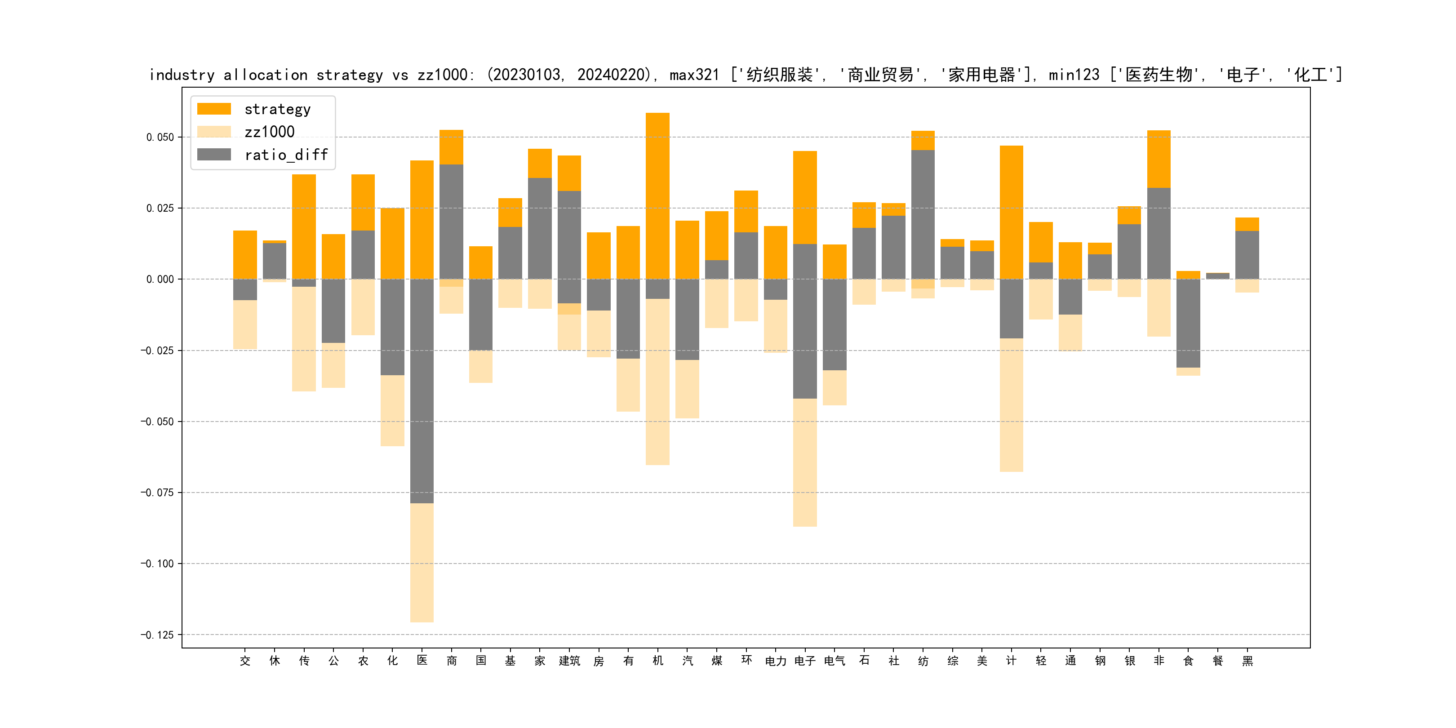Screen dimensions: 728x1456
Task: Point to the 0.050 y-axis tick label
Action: [160, 138]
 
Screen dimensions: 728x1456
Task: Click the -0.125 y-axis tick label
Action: [157, 635]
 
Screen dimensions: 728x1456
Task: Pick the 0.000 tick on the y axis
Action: [160, 279]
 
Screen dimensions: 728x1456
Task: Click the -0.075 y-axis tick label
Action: [157, 493]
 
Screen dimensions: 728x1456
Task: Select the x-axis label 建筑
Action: [569, 661]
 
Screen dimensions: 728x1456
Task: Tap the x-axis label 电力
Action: [776, 661]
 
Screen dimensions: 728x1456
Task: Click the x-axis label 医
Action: [422, 661]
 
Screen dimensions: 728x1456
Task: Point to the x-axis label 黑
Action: [1247, 661]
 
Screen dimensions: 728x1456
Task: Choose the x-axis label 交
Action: [245, 661]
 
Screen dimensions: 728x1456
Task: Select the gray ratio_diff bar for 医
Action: [422, 390]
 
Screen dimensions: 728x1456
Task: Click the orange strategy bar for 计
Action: [1011, 212]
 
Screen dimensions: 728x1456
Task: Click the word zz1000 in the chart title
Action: [442, 75]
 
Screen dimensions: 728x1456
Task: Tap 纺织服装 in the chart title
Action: [779, 75]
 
